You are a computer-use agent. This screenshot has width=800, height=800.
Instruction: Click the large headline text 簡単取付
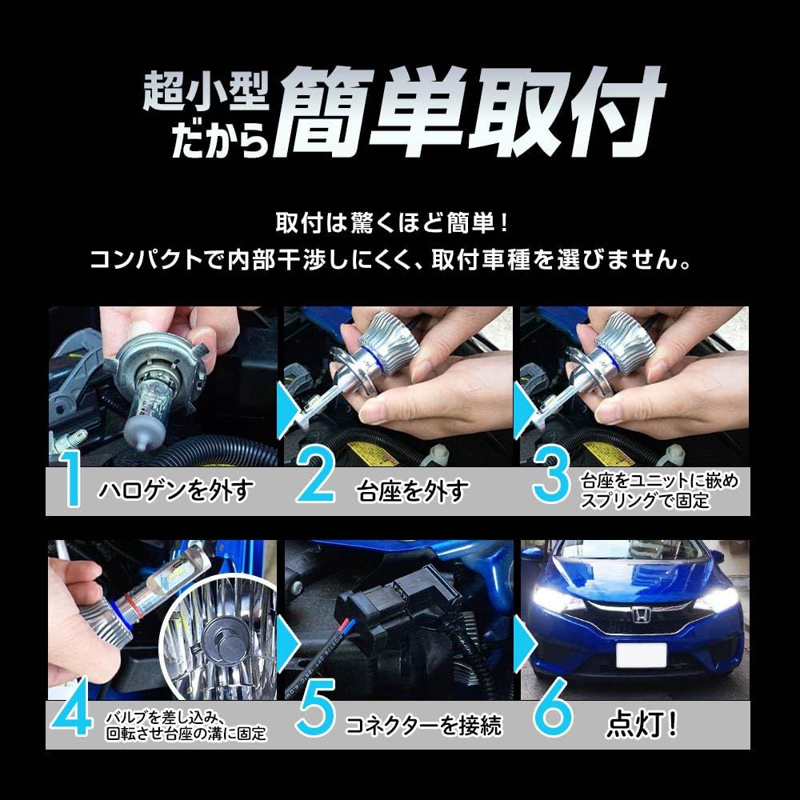tap(472, 112)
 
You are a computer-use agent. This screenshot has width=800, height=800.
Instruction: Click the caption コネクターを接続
tap(423, 726)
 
